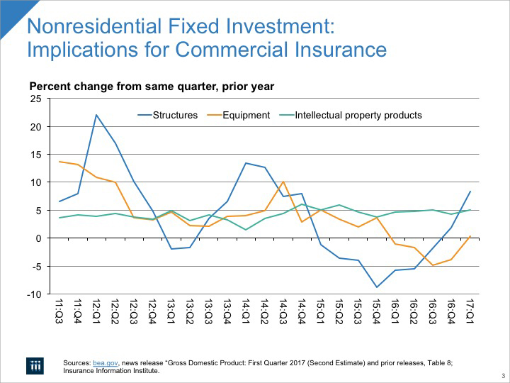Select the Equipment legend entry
(x=245, y=115)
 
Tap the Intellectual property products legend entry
(x=358, y=115)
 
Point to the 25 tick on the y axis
(x=36, y=99)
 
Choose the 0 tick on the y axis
(x=38, y=238)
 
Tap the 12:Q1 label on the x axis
(x=96, y=312)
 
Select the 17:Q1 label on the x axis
(x=469, y=312)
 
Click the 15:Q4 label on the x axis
(x=376, y=312)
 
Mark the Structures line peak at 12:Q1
(x=96, y=115)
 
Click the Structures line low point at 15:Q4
(x=376, y=287)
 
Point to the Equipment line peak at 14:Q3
(x=283, y=182)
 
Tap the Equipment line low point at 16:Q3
(x=432, y=265)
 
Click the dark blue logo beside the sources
(x=36, y=365)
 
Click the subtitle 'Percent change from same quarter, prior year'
(x=151, y=87)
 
